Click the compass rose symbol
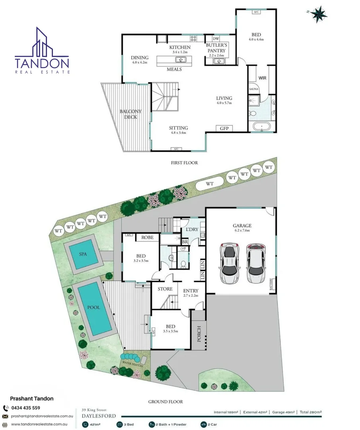pos(318,15)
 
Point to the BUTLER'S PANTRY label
pos(216,48)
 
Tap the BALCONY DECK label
pos(130,114)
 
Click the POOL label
pos(94,308)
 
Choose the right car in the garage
pos(255,262)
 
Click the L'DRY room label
pos(190,230)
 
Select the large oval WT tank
pos(210,184)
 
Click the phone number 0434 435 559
pos(25,408)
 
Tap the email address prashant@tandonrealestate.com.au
pos(42,416)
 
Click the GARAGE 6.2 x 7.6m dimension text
pos(242,231)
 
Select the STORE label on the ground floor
pos(165,289)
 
